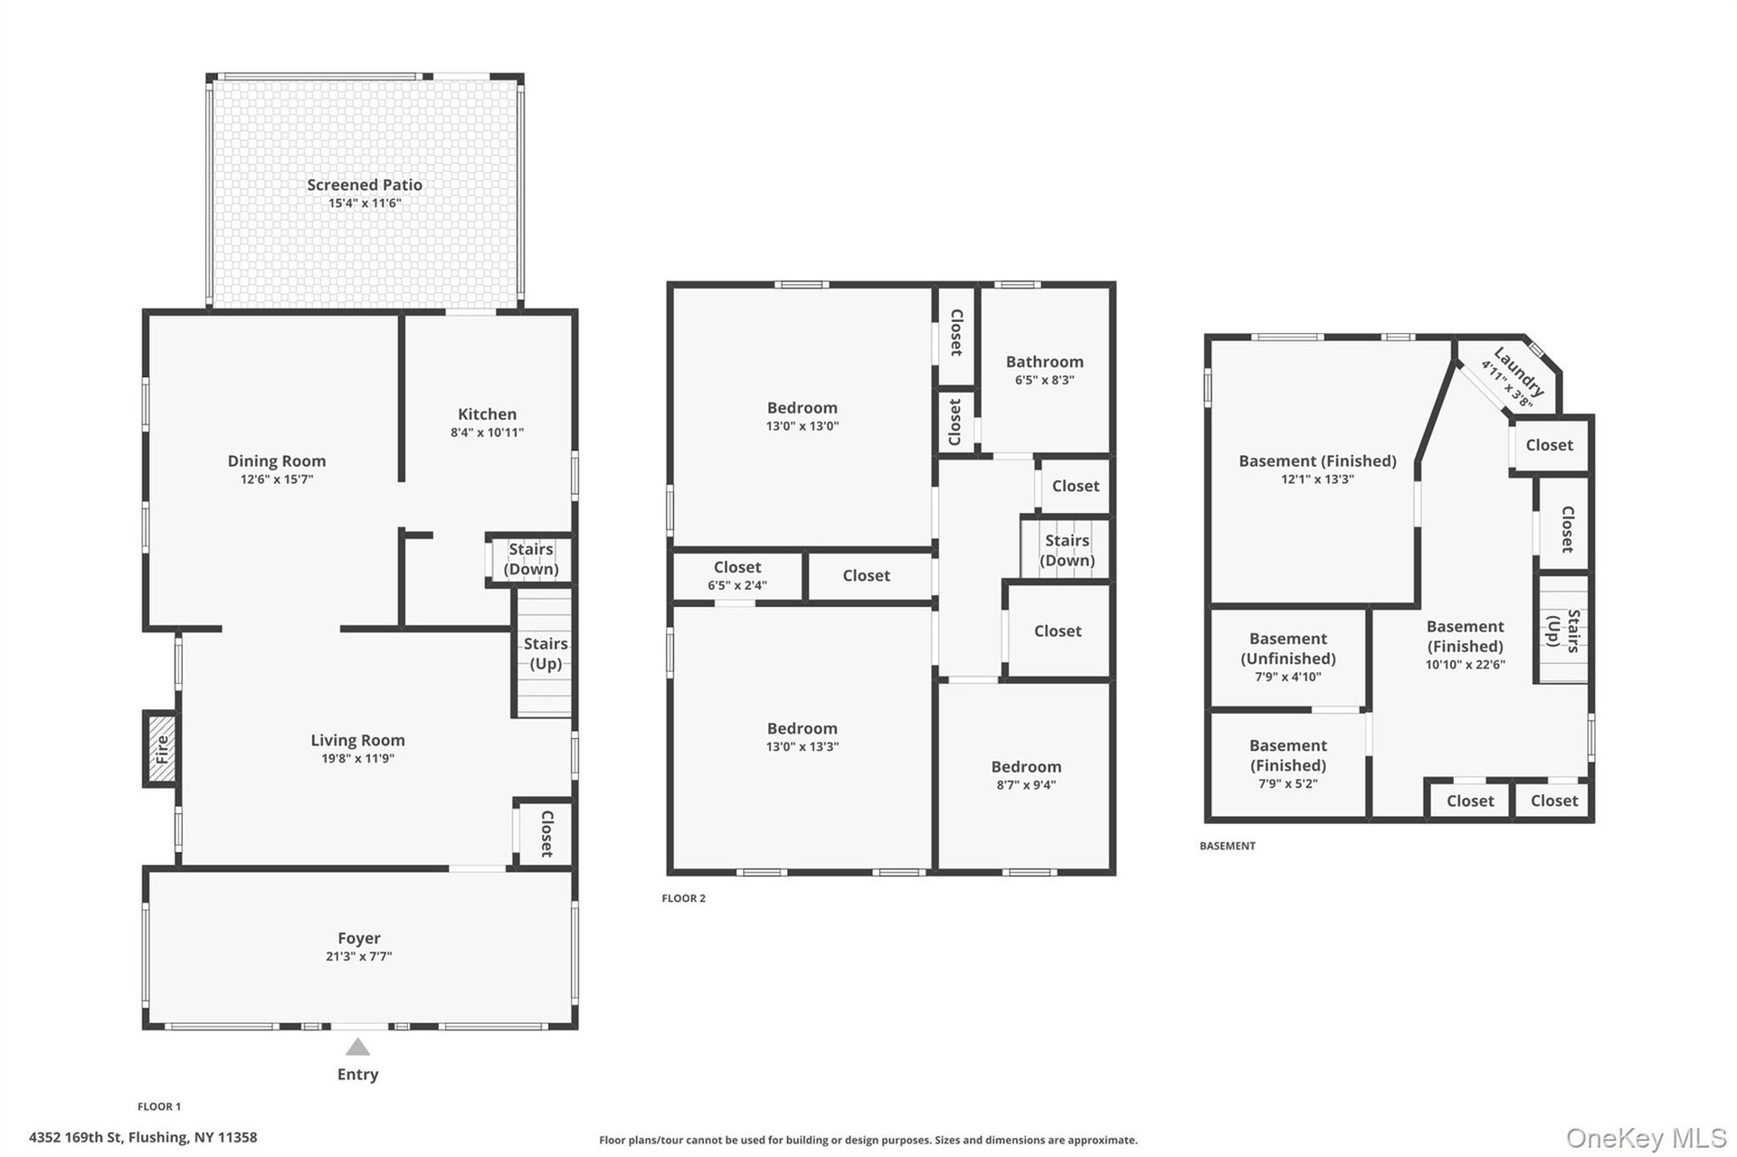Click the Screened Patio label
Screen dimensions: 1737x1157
(x=365, y=185)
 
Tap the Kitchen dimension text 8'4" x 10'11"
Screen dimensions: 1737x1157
(x=487, y=432)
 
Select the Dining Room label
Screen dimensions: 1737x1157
(x=276, y=460)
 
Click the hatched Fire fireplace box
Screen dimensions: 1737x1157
(x=162, y=749)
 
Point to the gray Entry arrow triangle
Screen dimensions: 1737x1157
(x=358, y=1048)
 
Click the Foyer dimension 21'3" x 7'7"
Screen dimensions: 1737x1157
(x=359, y=956)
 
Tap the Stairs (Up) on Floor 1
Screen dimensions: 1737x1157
(x=545, y=653)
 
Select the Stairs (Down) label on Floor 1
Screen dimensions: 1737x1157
(x=531, y=559)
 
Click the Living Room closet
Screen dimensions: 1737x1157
(x=545, y=833)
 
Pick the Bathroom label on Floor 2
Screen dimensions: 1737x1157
(x=1045, y=361)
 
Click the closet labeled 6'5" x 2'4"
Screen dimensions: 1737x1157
(x=737, y=575)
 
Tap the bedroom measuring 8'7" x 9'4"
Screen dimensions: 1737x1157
(x=1025, y=775)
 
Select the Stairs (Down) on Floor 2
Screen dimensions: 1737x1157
(x=1067, y=549)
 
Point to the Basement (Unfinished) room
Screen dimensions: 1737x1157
(x=1288, y=659)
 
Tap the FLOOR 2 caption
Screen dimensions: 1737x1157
(x=684, y=898)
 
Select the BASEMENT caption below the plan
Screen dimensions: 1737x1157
(x=1228, y=846)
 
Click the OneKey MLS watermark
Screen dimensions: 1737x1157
(x=1647, y=1138)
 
